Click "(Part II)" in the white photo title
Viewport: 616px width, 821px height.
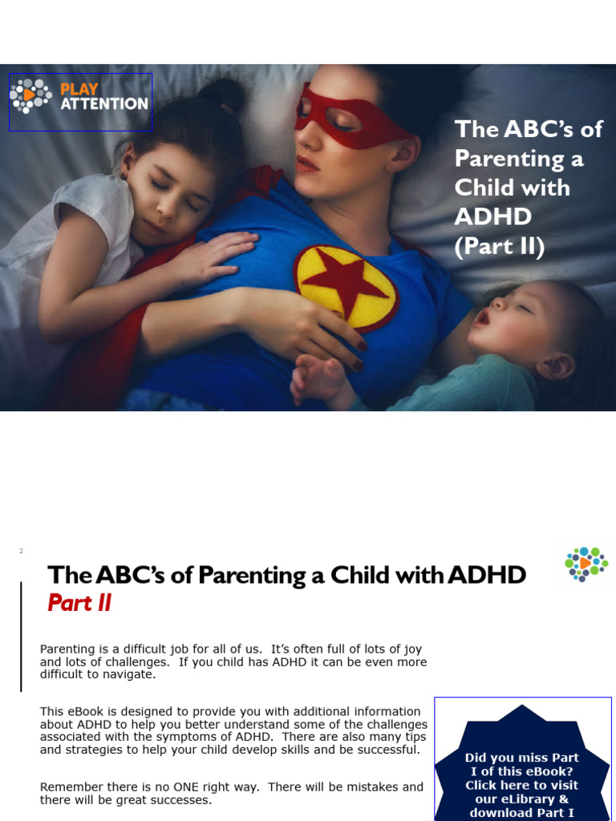[x=499, y=246]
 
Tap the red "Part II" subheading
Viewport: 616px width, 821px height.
[x=79, y=603]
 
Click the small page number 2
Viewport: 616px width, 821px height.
[x=21, y=551]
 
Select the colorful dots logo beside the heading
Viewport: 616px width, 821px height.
[x=586, y=563]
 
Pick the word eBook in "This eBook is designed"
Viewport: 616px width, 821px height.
[x=85, y=711]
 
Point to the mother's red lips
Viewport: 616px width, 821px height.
[x=306, y=163]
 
